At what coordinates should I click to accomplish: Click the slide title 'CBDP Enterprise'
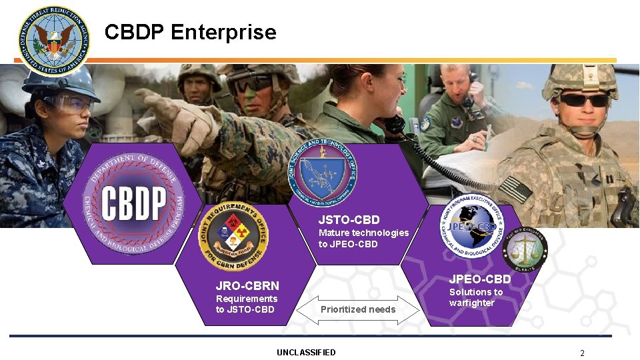point(190,32)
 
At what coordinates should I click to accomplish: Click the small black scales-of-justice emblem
point(524,250)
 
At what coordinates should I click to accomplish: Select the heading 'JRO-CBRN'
point(247,286)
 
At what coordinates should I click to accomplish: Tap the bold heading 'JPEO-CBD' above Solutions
point(480,279)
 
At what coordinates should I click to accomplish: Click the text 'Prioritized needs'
point(358,309)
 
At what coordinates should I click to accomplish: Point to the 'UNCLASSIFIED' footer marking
point(306,352)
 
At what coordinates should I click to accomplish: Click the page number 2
point(582,353)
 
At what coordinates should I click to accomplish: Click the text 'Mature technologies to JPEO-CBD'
point(363,238)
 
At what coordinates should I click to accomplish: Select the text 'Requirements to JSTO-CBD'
point(246,304)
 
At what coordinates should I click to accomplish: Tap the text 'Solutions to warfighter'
point(475,297)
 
